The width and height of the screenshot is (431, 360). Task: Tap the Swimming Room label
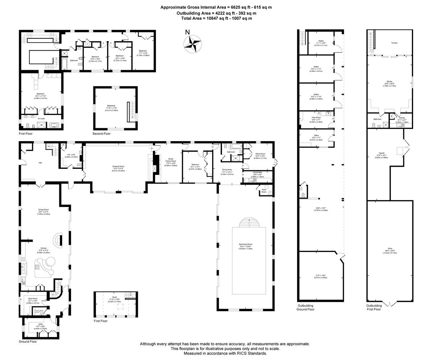tap(246, 244)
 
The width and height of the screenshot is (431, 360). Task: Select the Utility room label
tap(41, 324)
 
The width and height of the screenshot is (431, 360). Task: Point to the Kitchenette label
tap(257, 172)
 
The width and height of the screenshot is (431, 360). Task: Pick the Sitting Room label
tap(260, 154)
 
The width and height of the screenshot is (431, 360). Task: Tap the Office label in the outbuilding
tap(316, 135)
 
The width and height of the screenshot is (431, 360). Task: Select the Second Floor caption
tap(102, 134)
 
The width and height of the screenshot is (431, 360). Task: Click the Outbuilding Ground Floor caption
tap(306, 307)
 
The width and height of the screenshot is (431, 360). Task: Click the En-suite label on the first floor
tap(42, 118)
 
